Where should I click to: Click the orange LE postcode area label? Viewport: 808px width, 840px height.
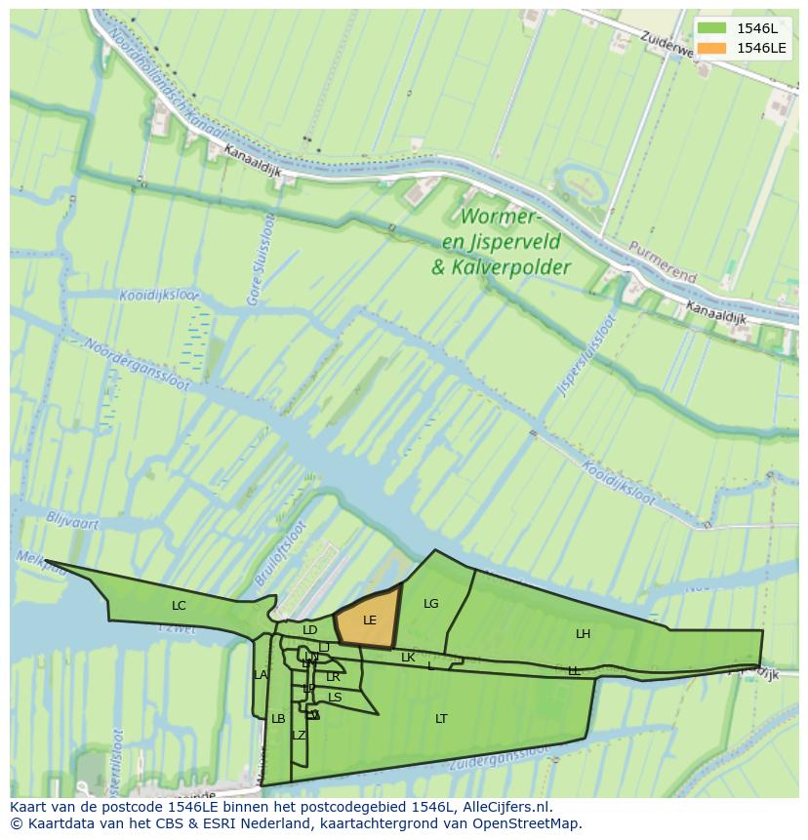tap(370, 620)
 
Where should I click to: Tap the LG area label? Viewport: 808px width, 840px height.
tap(431, 603)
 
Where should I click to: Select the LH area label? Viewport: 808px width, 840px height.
tap(583, 633)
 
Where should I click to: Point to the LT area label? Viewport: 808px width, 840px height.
tap(441, 718)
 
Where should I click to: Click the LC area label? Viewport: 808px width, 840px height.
tap(179, 605)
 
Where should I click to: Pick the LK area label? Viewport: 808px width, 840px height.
tap(408, 657)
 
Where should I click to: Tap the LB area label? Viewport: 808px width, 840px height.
tap(278, 718)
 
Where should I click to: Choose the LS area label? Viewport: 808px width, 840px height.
tap(335, 697)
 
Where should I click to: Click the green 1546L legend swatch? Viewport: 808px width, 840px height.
tap(712, 28)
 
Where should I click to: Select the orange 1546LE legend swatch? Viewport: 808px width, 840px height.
tap(712, 48)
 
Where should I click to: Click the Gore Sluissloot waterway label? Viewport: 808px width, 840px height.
tap(262, 260)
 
